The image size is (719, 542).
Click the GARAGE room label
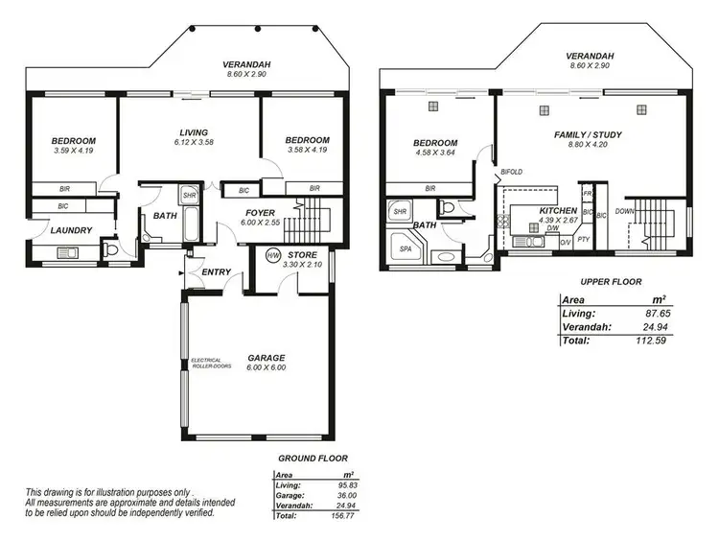click(x=266, y=358)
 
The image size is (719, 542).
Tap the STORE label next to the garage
click(x=303, y=255)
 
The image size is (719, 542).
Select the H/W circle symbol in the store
click(x=272, y=256)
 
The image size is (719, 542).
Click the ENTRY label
click(x=216, y=272)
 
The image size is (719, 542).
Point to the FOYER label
click(x=261, y=213)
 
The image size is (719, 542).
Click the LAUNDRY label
click(x=72, y=230)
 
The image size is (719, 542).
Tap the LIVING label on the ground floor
click(x=195, y=132)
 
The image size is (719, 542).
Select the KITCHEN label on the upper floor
click(x=557, y=210)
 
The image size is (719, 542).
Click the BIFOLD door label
click(x=512, y=173)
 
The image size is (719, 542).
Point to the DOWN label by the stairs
click(x=624, y=210)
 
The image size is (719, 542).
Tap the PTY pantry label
click(x=583, y=241)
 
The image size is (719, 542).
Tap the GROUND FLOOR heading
click(x=313, y=459)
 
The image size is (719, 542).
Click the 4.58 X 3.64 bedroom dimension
click(x=435, y=152)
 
